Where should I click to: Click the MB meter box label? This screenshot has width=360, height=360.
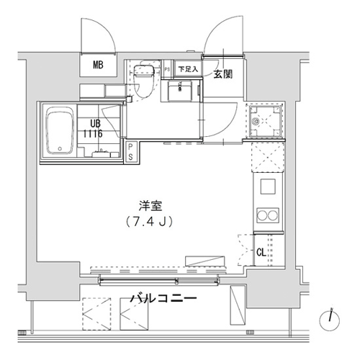[x=98, y=65]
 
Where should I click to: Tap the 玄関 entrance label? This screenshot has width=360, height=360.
[x=223, y=74]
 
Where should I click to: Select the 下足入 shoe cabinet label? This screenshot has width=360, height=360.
[x=188, y=69]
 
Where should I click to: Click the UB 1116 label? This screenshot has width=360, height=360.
[x=93, y=129]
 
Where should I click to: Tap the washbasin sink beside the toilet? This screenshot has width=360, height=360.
[x=179, y=91]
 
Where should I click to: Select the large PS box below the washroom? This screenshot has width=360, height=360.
[x=130, y=152]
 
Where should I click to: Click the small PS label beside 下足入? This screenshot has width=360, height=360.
[x=167, y=69]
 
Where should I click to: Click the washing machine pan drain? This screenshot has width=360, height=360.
[x=256, y=122]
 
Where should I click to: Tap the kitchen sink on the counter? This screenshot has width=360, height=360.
[x=268, y=186]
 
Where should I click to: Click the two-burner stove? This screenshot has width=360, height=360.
[x=268, y=215]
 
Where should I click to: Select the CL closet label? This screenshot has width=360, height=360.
[x=261, y=252]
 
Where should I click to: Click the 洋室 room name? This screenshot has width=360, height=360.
[x=150, y=206]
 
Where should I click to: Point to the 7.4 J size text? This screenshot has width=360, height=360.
[x=149, y=222]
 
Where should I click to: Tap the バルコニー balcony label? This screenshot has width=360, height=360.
[x=163, y=299]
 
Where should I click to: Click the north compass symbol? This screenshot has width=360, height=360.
[x=330, y=320]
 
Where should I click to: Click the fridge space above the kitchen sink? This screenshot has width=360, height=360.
[x=268, y=157]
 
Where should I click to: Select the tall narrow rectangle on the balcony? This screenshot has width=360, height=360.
[x=238, y=305]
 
